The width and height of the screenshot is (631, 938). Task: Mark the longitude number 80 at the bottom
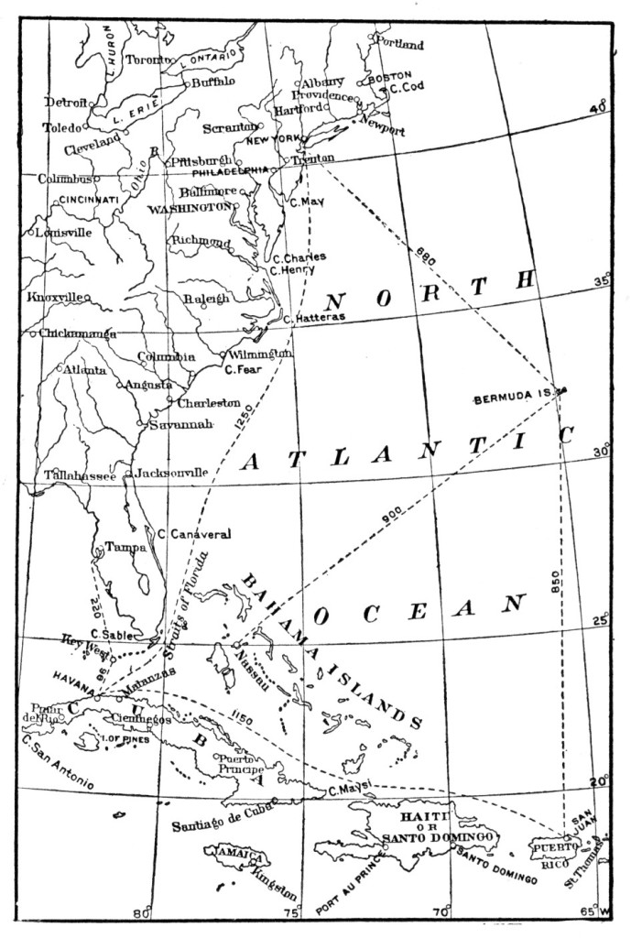141,912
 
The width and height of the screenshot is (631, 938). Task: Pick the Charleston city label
209,402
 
